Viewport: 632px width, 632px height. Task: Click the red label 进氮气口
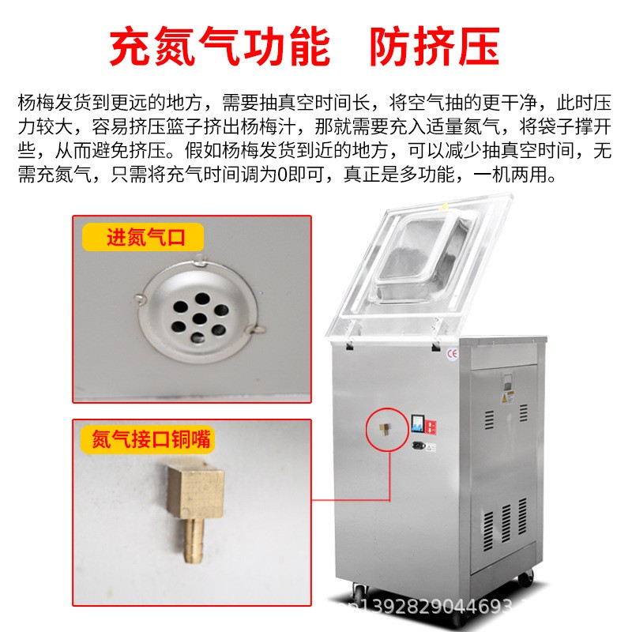145,237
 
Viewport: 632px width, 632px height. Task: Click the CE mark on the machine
453,353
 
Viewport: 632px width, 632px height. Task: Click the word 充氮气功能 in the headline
220,47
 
